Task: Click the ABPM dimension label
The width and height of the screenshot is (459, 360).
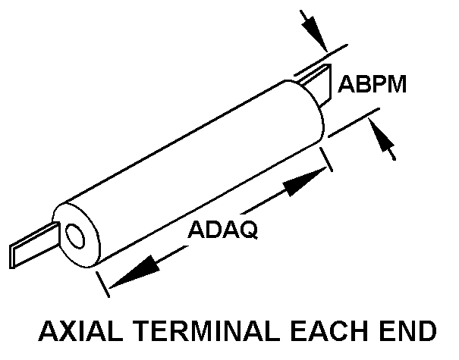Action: tap(372, 83)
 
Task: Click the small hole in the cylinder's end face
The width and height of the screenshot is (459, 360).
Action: tap(75, 236)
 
